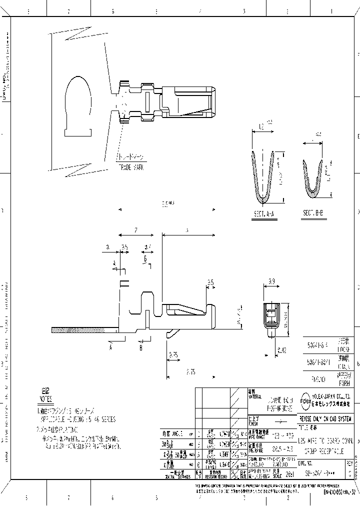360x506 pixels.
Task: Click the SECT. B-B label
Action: (x=314, y=212)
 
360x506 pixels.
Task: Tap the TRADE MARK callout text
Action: (x=131, y=167)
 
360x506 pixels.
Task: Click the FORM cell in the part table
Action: (x=345, y=384)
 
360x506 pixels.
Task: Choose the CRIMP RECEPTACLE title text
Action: (x=325, y=451)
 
